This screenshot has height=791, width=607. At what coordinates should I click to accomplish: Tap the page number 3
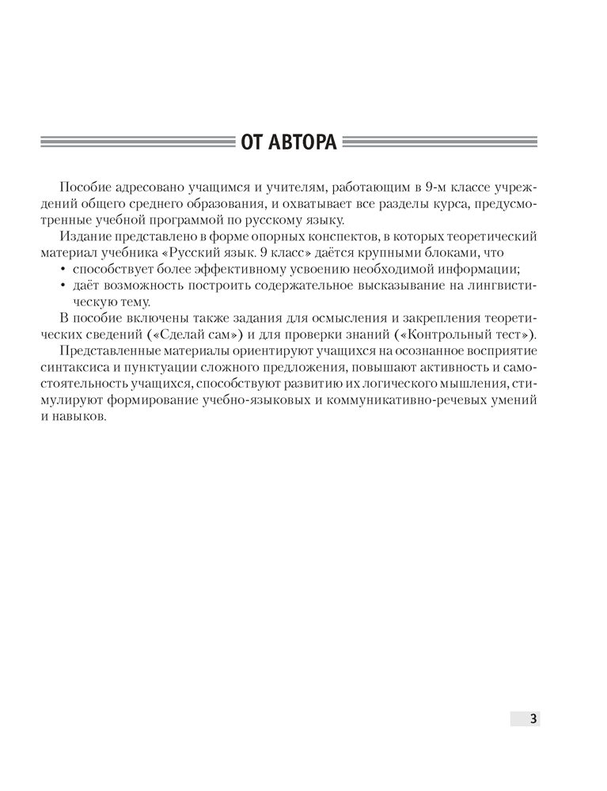[533, 718]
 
